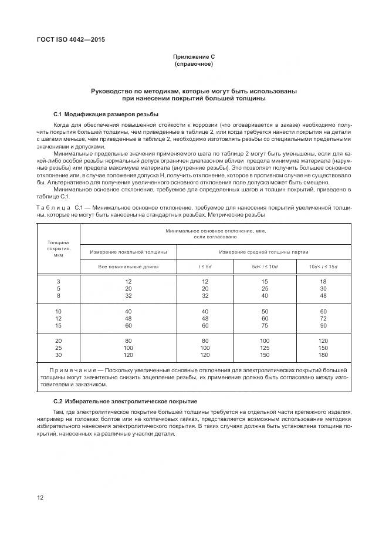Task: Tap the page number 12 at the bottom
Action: (40, 498)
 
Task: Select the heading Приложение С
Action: (194, 56)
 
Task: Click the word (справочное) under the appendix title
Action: (194, 63)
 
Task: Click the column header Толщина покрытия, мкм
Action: (58, 249)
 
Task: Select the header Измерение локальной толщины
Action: (128, 252)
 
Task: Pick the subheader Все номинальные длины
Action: (128, 267)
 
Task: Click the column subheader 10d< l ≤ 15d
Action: (323, 267)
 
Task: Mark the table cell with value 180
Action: (323, 355)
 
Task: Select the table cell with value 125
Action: (264, 348)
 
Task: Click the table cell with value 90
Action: (323, 325)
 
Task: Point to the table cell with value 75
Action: (264, 325)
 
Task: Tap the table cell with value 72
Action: (323, 318)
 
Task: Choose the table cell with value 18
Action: (323, 281)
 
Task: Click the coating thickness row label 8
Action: (58, 296)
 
